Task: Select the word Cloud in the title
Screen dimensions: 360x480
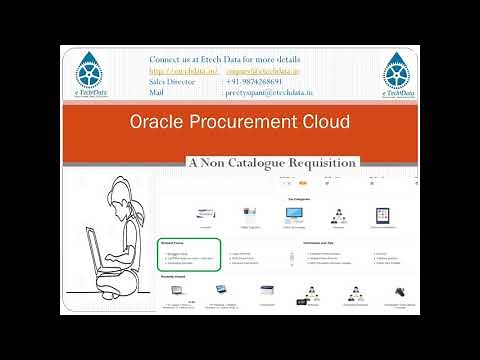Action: pos(322,122)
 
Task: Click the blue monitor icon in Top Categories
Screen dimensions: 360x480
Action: pos(297,214)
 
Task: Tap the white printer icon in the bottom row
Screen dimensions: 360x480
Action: pos(266,292)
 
